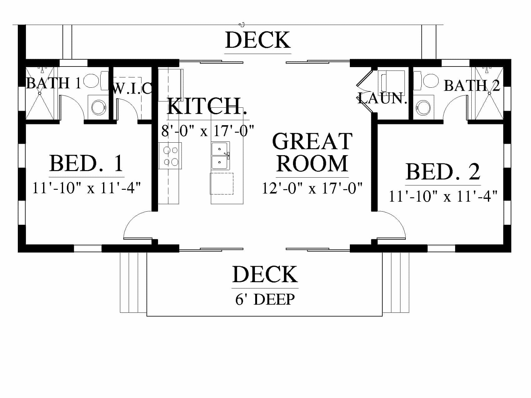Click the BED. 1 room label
click(87, 163)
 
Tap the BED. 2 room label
click(443, 172)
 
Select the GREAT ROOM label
click(312, 152)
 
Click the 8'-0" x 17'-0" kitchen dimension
click(208, 131)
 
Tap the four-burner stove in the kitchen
click(170, 155)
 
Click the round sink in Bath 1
click(98, 106)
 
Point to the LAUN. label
click(383, 98)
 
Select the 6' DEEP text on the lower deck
click(265, 299)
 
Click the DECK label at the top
click(258, 40)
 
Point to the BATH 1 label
click(54, 83)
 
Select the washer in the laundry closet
click(391, 83)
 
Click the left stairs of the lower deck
click(133, 282)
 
